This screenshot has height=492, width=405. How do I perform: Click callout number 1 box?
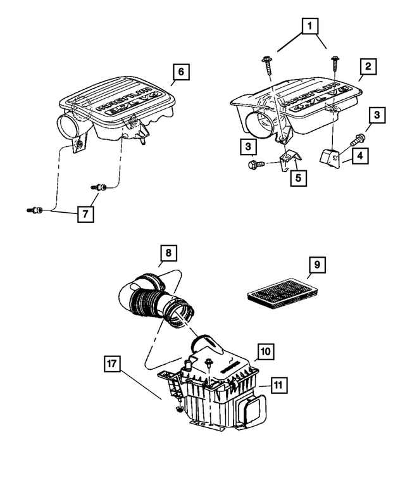point(309,26)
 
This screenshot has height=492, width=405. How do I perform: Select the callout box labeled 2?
point(368,66)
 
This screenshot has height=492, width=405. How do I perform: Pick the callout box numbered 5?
point(296,177)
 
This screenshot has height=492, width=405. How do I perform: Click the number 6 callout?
point(180,72)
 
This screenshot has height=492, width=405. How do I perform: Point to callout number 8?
point(168,254)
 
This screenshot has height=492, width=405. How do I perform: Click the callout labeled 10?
point(266,351)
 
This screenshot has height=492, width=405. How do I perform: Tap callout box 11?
point(277,384)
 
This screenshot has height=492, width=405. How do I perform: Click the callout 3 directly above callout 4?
point(377,115)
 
